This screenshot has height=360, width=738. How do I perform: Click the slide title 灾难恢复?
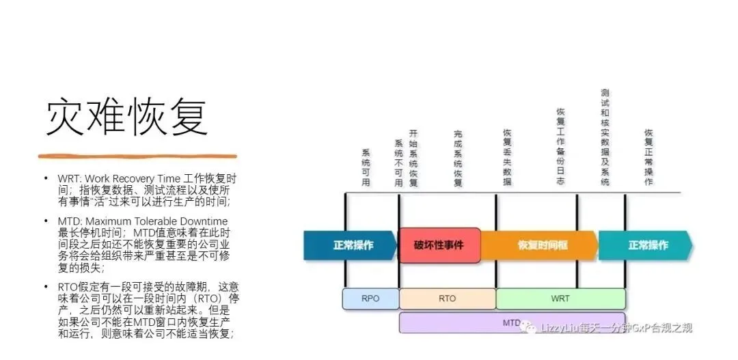[x=126, y=117]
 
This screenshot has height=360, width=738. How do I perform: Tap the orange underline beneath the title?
[x=137, y=156]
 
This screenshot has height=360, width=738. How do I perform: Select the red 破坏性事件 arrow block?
[x=438, y=245]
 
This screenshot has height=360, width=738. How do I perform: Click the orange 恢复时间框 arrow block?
[x=540, y=245]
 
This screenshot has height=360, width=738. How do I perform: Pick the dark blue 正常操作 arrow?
[x=350, y=245]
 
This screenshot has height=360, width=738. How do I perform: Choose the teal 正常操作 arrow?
[x=644, y=245]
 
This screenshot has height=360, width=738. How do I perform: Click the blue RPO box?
[x=370, y=299]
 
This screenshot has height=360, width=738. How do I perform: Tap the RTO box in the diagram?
[x=447, y=299]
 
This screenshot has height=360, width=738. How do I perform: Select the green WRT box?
[x=560, y=299]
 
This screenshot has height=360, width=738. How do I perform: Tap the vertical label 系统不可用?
[x=399, y=163]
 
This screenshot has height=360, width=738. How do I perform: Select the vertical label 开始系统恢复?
[x=413, y=158]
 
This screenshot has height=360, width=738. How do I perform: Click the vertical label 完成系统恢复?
[x=458, y=158]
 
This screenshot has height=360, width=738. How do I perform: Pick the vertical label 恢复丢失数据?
[x=507, y=158]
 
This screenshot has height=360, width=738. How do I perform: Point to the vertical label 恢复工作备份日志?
[x=560, y=147]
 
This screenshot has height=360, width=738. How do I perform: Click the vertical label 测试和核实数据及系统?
[x=605, y=137]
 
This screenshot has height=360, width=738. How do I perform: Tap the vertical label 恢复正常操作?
[x=648, y=158]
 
